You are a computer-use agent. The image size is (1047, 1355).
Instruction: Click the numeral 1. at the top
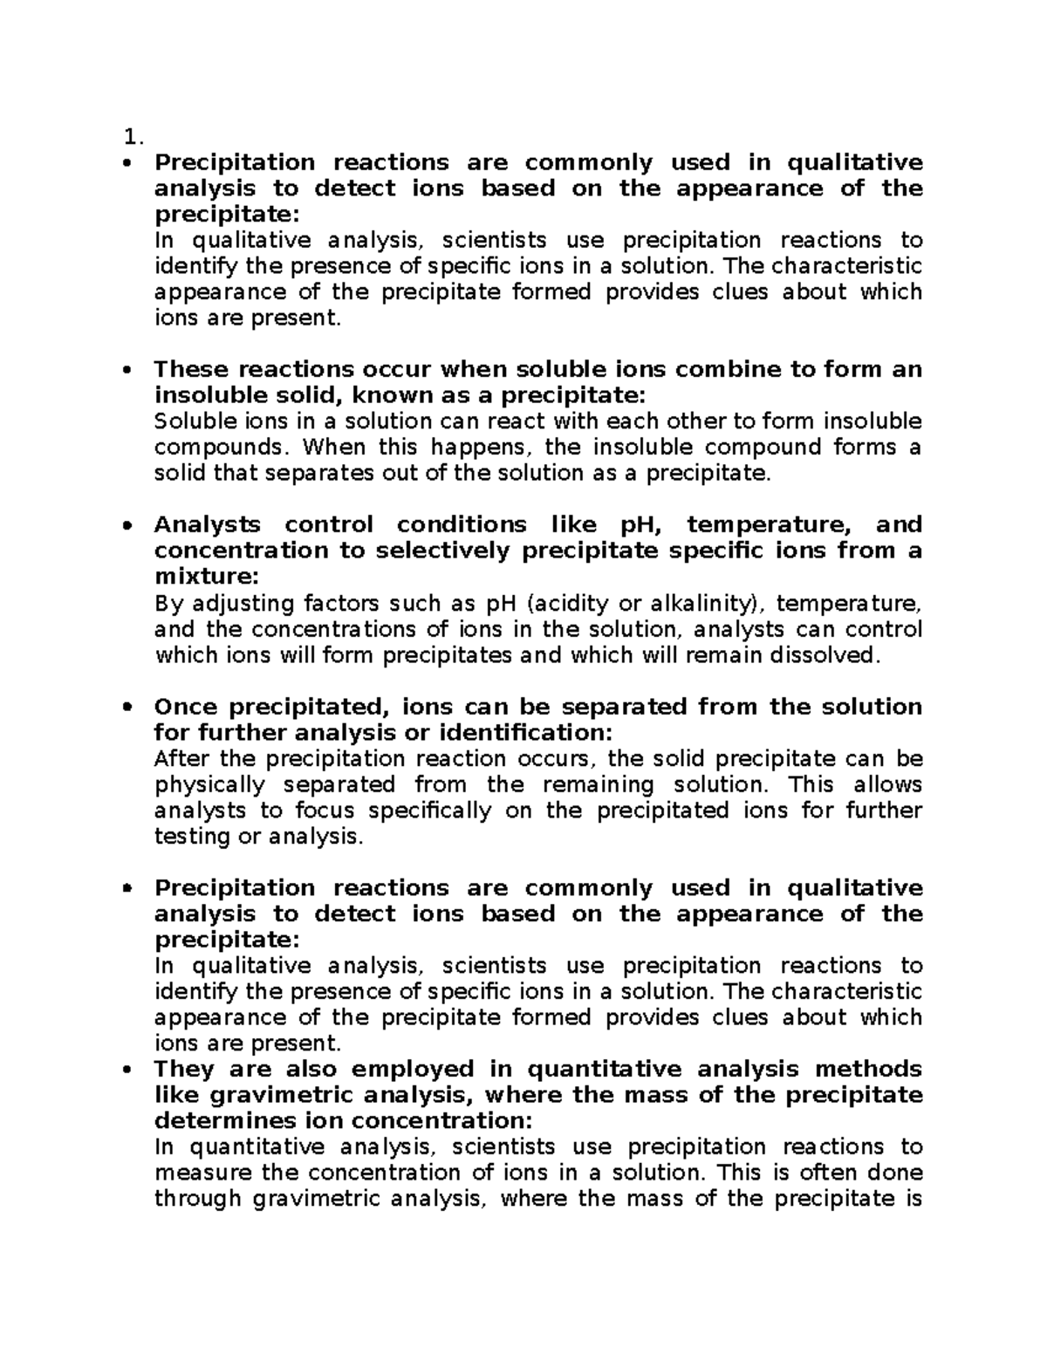point(132,137)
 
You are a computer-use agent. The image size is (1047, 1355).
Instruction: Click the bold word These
point(191,369)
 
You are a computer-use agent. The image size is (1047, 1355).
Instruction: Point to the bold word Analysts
point(207,524)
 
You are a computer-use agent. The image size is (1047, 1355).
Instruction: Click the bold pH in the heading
point(641,525)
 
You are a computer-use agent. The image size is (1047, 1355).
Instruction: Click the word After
point(180,758)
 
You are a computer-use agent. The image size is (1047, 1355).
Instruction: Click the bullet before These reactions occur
point(128,370)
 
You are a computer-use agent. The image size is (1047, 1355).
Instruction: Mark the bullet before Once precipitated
point(128,707)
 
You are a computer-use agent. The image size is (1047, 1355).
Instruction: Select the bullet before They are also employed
point(128,1070)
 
